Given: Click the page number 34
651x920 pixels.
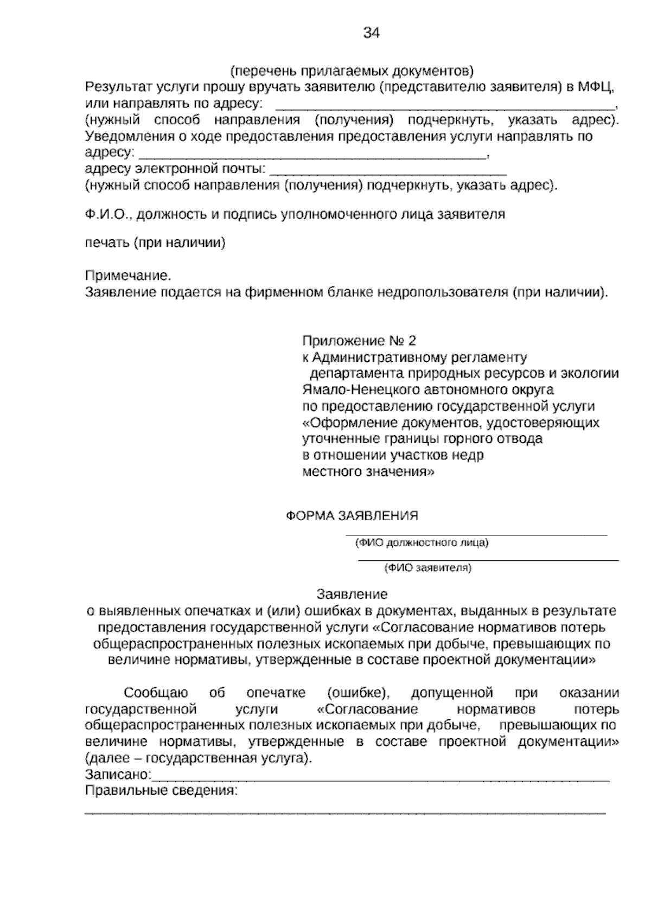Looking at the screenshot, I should pyautogui.click(x=371, y=34).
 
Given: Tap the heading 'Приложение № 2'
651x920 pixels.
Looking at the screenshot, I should pyautogui.click(x=359, y=341).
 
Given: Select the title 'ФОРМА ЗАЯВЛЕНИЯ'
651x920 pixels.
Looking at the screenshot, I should pyautogui.click(x=352, y=516).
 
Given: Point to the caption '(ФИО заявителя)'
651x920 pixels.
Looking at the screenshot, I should pyautogui.click(x=427, y=568).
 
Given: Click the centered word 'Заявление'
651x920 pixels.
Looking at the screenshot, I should pyautogui.click(x=352, y=594).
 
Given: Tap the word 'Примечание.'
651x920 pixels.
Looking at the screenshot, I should pyautogui.click(x=124, y=275).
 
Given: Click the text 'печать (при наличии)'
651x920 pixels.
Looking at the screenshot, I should pyautogui.click(x=155, y=242).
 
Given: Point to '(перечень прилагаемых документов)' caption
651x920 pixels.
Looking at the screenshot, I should pyautogui.click(x=352, y=71).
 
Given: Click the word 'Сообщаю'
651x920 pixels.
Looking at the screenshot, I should pyautogui.click(x=156, y=693).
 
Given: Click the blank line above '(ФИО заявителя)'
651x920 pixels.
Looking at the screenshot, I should pyautogui.click(x=488, y=559).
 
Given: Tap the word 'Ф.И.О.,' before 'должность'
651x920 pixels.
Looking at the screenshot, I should pyautogui.click(x=107, y=214).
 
